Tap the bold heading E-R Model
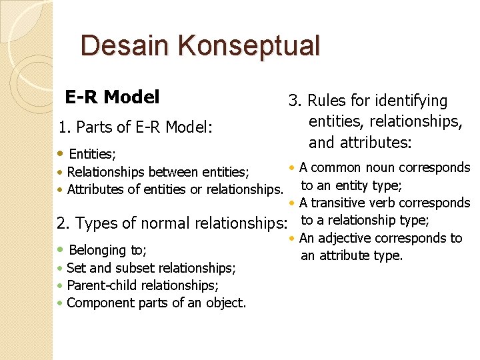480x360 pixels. [112, 97]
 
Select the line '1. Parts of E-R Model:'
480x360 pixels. [135, 127]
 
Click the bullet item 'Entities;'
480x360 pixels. [92, 155]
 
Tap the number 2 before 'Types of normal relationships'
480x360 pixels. [61, 223]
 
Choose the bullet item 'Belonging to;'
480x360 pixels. [107, 250]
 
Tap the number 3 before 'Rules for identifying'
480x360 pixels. [293, 101]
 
